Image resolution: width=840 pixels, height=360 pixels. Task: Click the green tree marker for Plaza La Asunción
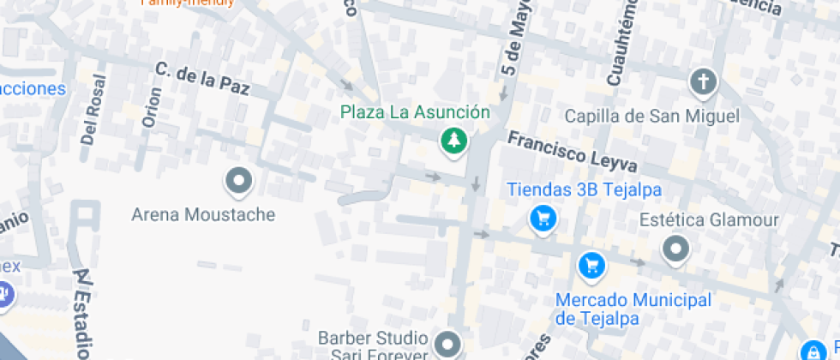(453, 141)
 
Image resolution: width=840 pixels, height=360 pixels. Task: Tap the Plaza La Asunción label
(415, 112)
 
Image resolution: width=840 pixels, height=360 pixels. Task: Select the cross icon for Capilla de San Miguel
(703, 82)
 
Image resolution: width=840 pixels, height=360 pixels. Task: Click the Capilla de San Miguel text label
(651, 116)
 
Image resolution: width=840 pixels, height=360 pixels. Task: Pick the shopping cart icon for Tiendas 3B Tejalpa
(543, 219)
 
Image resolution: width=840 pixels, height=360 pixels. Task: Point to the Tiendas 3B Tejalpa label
(584, 190)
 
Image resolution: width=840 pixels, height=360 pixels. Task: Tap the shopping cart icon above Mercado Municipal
(591, 266)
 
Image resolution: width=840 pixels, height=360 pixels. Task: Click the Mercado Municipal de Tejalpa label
(633, 309)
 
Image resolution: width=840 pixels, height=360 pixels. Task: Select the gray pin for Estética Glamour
(676, 249)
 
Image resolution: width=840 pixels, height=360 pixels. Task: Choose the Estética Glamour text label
(709, 220)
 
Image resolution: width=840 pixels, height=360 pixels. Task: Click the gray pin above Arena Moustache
(238, 181)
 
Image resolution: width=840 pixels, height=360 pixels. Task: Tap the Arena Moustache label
(203, 214)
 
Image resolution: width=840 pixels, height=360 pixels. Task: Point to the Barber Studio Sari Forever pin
(447, 344)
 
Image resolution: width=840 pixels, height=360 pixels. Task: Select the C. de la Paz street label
(201, 79)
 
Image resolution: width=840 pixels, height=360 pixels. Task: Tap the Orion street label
(153, 106)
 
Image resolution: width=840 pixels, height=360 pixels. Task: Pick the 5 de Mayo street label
(514, 39)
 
